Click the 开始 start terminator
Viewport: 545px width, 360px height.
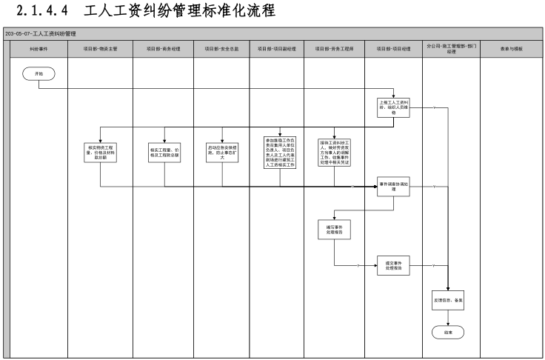39,73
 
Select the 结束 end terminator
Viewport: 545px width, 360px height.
449,333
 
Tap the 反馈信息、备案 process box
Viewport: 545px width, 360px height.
449,301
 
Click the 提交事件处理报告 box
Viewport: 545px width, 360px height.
393,266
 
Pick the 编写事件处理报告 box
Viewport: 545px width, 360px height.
334,230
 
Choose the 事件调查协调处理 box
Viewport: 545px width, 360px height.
393,186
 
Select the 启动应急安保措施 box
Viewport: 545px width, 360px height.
221,152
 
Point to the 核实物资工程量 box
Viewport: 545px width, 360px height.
100,152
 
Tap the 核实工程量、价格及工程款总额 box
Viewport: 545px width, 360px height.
164,152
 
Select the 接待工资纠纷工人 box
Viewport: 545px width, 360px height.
334,152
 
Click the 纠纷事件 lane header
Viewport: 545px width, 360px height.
39,48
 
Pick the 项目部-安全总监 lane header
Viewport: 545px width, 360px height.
221,48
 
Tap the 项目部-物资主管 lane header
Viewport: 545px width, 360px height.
100,48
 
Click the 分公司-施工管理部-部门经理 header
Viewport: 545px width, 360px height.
451,48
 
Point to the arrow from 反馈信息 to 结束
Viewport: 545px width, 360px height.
449,319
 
